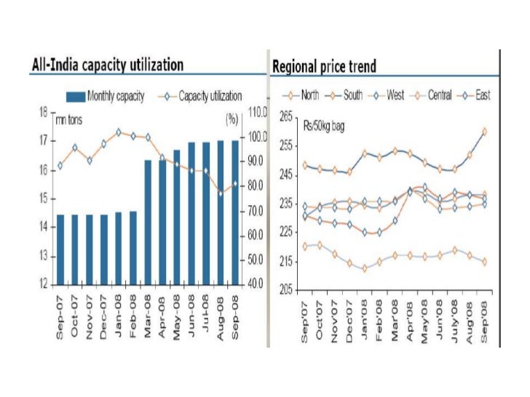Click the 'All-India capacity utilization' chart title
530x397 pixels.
point(106,65)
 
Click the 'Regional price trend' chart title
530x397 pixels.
point(324,68)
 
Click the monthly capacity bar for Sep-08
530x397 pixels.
point(235,212)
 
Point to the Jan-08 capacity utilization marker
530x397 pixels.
point(119,132)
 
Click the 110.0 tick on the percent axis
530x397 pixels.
point(258,113)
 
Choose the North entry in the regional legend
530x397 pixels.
point(306,95)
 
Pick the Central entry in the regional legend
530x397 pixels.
point(429,95)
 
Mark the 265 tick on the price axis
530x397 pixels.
point(285,116)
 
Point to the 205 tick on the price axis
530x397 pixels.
point(285,290)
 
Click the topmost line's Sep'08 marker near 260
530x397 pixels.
point(485,132)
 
